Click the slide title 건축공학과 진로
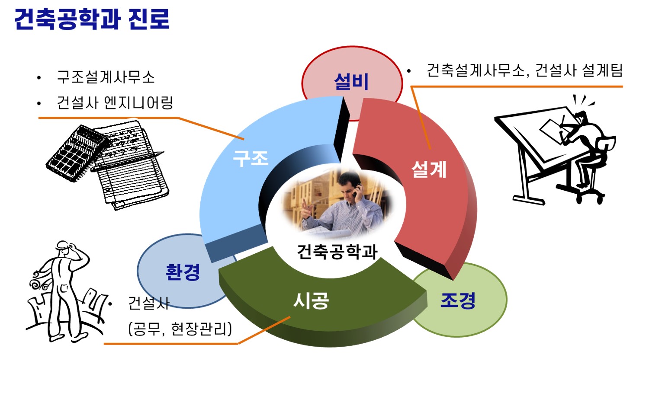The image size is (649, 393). [92, 19]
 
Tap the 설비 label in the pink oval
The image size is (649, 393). [351, 81]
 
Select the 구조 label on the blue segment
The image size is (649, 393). [251, 158]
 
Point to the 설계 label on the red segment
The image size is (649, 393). [429, 169]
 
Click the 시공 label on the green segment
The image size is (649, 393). [311, 300]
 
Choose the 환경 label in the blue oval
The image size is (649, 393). [183, 272]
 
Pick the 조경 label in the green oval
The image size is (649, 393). [458, 300]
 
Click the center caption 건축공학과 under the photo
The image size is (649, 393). [337, 252]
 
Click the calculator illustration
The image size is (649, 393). [78, 152]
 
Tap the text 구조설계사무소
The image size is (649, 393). [106, 77]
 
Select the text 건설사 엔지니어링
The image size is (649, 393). [115, 103]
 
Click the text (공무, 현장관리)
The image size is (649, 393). [180, 329]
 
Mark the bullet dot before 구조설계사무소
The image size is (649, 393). [39, 78]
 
